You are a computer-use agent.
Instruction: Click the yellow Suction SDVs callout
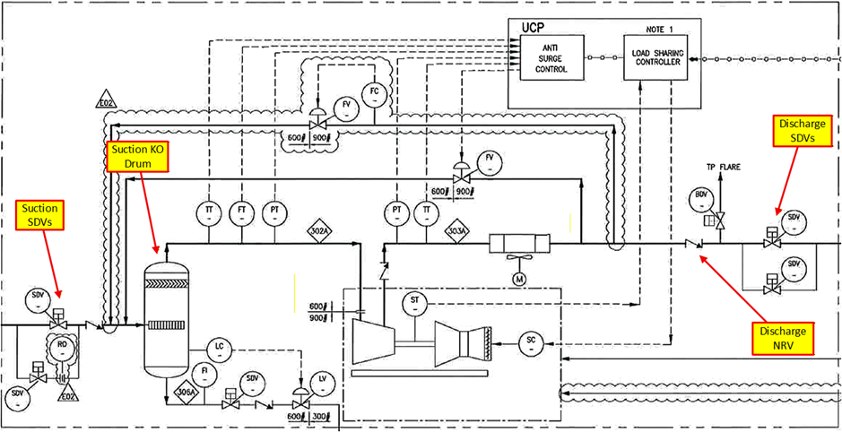coord(40,214)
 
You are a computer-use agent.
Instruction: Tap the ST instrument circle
coord(413,303)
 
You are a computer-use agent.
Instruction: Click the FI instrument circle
coord(205,372)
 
